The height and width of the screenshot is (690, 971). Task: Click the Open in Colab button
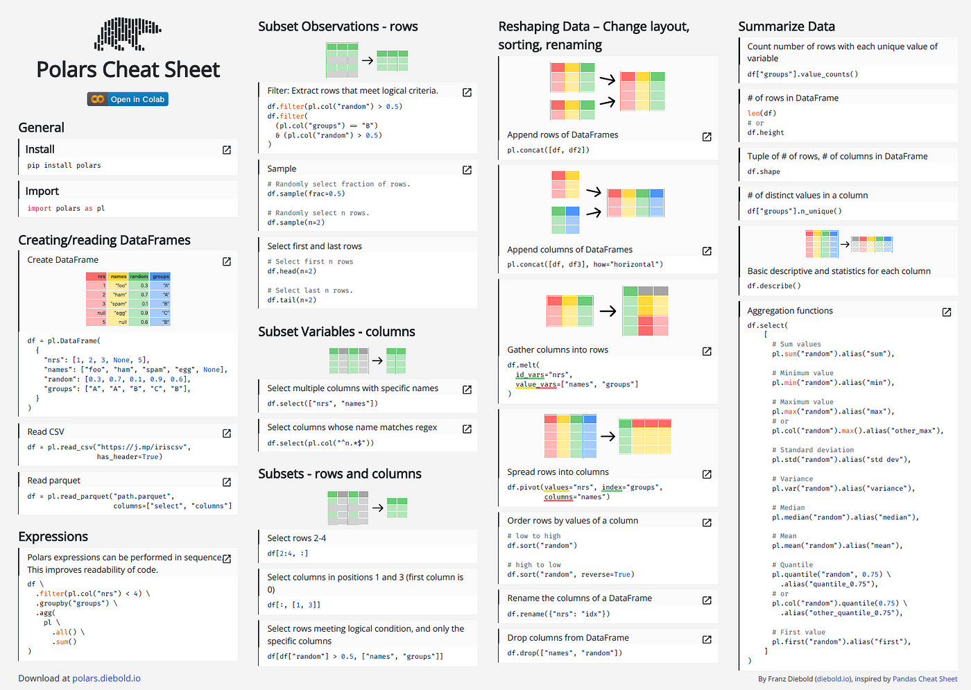128,99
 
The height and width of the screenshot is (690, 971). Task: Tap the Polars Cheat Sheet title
128,69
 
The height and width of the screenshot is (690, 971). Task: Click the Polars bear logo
128,34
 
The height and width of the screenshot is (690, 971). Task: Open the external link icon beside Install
227,150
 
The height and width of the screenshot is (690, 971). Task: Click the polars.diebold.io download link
106,678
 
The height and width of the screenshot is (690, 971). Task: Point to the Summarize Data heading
787,26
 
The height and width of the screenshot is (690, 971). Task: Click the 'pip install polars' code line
64,165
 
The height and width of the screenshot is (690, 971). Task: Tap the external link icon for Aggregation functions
947,312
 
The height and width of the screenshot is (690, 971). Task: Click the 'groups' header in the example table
161,276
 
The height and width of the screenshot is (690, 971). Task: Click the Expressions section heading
53,536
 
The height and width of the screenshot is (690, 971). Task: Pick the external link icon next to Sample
467,170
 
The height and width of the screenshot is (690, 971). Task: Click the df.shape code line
764,171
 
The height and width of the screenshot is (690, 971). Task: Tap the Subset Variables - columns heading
336,331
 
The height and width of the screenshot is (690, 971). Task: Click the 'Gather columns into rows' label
558,350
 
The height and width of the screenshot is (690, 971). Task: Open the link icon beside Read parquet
227,482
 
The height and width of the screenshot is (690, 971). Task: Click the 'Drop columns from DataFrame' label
568,637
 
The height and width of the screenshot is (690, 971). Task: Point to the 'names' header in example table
119,276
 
